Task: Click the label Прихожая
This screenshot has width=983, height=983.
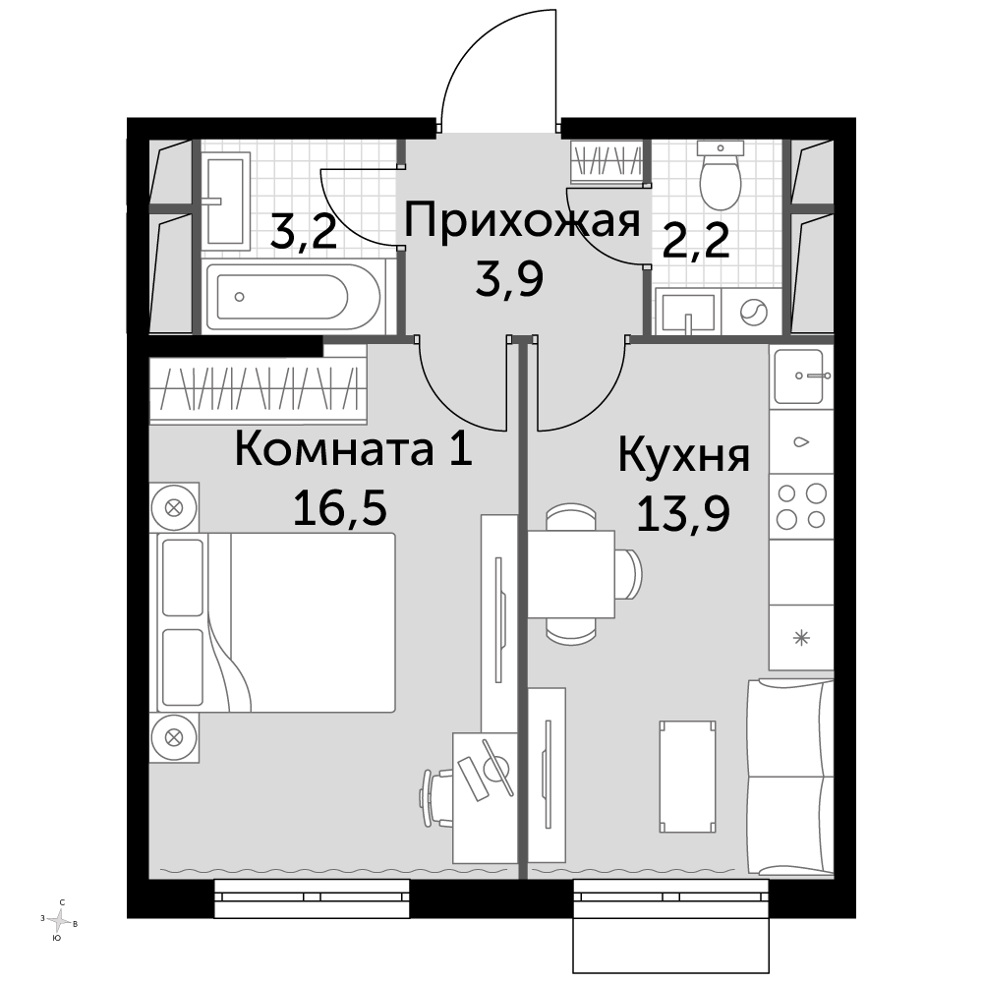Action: coord(522,220)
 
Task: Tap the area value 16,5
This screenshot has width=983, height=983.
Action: coord(340,508)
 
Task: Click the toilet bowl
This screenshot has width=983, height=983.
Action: coord(721,176)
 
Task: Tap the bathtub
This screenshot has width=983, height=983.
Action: coord(293,297)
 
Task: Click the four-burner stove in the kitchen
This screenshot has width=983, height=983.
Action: coord(801,505)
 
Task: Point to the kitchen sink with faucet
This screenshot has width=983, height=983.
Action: coord(800,376)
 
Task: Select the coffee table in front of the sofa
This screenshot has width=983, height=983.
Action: coord(688,777)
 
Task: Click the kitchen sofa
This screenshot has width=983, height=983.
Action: coord(791,777)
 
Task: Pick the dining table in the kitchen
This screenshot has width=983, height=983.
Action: coord(571,574)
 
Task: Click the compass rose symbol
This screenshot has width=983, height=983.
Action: coord(59,921)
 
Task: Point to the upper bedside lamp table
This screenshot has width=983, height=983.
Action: coord(174,507)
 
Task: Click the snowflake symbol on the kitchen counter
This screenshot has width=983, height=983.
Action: coord(801,638)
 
